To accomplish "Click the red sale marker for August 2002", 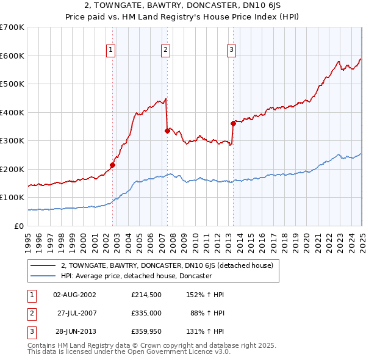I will tap(112, 165).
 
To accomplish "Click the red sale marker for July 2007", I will tap(167, 130).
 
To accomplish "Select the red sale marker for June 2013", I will tap(233, 123).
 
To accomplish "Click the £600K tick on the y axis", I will tap(12, 56).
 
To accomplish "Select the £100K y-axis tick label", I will tap(12, 198).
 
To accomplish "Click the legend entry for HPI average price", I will tap(136, 276).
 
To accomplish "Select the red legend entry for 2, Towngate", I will tap(170, 265).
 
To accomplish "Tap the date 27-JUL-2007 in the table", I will tap(78, 314).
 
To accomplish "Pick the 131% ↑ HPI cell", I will tap(206, 333).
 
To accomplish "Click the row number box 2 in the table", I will tap(31, 314).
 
